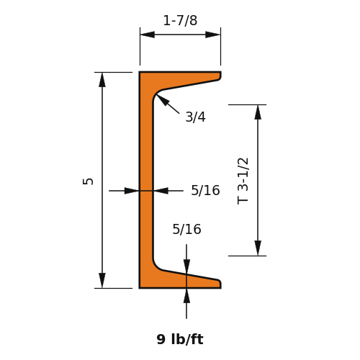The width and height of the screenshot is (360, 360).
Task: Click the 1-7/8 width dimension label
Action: [x=180, y=20]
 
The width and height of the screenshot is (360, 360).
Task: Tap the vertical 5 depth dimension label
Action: [x=88, y=181]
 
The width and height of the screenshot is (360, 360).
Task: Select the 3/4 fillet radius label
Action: [x=195, y=117]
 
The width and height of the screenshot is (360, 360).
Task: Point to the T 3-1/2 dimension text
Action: [x=243, y=181]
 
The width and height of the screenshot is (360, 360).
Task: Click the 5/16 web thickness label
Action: [x=205, y=190]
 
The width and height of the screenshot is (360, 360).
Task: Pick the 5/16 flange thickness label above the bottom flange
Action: [x=186, y=229]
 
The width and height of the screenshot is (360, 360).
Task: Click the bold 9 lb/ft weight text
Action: [x=180, y=339]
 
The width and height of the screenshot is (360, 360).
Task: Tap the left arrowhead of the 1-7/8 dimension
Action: [x=148, y=35]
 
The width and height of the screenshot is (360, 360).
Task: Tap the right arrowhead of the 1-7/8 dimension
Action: [x=213, y=35]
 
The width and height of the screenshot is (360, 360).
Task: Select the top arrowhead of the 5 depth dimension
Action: [x=102, y=79]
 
